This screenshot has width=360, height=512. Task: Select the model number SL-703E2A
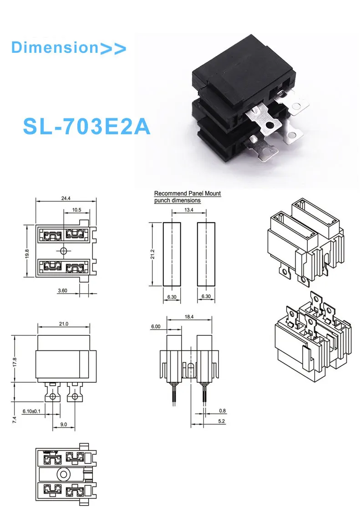[x=86, y=127]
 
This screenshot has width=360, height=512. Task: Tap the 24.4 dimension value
[x=66, y=198]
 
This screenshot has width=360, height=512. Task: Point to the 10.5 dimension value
[x=77, y=210]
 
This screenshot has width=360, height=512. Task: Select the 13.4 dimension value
[x=189, y=210]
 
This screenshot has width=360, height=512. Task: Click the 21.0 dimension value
[x=63, y=324]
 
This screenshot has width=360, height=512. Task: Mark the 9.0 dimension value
[x=63, y=424]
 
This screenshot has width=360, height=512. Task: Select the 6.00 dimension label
[x=156, y=326]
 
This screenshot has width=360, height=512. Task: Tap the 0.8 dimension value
[x=222, y=411]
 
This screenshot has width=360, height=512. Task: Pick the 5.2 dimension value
[x=222, y=421]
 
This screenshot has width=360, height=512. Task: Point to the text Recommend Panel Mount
[x=188, y=193]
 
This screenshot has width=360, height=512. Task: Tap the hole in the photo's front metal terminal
[x=271, y=124]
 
